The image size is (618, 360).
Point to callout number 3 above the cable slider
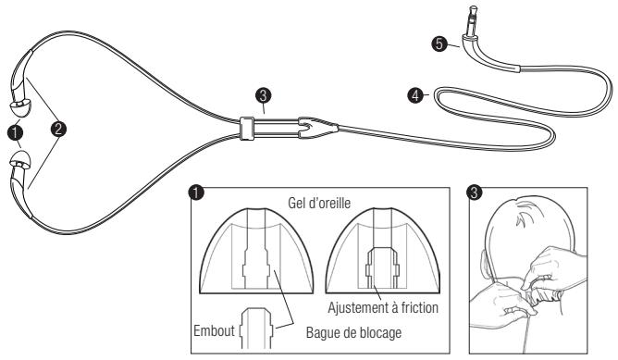click(265, 96)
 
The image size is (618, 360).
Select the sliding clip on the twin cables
click(246, 127)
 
